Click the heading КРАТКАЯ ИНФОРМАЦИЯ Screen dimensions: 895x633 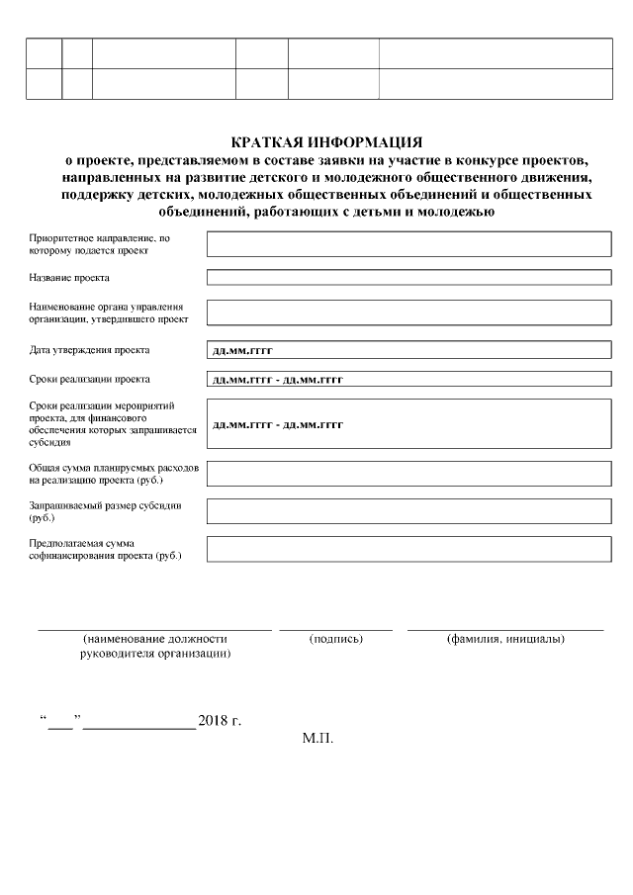tap(325, 142)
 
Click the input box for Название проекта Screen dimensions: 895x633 tap(408, 277)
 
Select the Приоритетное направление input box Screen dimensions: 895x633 tap(408, 243)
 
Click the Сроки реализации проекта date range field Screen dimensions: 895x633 tap(408, 379)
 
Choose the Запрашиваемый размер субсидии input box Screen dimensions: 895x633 tap(408, 511)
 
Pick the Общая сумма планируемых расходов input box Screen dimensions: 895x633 tap(408, 473)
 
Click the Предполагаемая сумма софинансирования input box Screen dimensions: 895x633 tap(408, 549)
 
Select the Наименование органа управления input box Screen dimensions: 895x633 tap(408, 312)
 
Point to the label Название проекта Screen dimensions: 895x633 tap(69, 278)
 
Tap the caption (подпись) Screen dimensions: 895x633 tap(336, 639)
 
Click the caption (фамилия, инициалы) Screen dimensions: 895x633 tap(505, 639)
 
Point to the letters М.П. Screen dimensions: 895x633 tap(317, 738)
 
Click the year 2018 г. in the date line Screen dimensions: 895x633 tap(220, 720)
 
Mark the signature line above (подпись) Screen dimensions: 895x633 tap(335, 628)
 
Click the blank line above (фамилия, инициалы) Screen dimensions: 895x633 tap(504, 628)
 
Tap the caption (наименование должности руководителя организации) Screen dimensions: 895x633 tap(154, 646)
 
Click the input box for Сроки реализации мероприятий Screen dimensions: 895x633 tap(408, 425)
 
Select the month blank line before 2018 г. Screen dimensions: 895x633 tap(139, 726)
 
